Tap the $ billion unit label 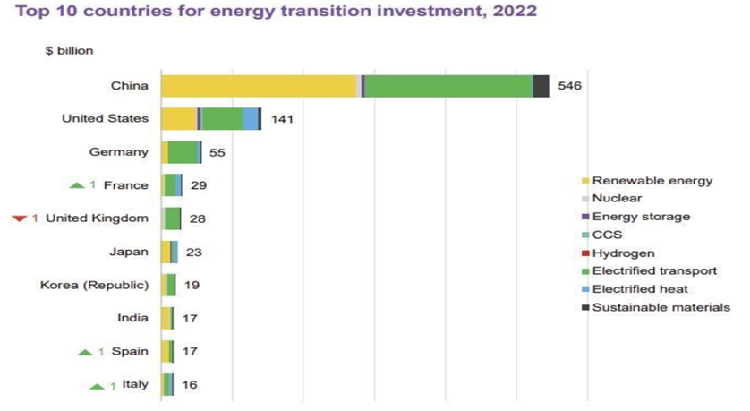[x=70, y=51]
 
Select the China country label [x=129, y=86]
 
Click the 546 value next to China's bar [x=569, y=86]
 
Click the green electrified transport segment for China [x=447, y=86]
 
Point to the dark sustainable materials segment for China [x=541, y=86]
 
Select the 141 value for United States [x=281, y=119]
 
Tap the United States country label [x=104, y=119]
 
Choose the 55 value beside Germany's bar [x=217, y=152]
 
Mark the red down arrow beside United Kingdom [x=20, y=218]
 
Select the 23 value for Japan [x=194, y=253]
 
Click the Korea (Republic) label [x=94, y=286]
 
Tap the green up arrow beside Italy [x=97, y=386]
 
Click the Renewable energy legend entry [x=652, y=180]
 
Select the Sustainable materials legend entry [x=661, y=307]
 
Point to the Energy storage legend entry [x=641, y=217]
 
